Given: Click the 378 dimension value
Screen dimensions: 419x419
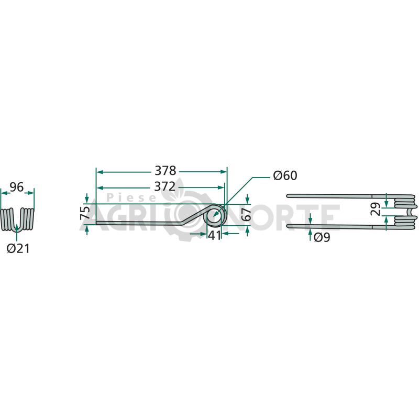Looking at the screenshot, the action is coord(166,171).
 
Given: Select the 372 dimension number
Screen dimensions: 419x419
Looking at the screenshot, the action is coord(165,186).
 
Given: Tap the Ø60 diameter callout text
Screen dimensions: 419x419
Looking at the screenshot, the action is coord(285,175).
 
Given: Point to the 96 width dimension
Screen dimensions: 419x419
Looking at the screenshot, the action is coord(17,188).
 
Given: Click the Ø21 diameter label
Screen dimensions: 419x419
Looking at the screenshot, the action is coord(18,249).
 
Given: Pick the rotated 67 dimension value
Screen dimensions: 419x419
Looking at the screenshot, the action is coord(247,214).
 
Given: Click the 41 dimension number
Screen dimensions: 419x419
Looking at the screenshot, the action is coord(215,235).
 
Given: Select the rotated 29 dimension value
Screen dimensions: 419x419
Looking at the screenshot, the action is coord(376,209).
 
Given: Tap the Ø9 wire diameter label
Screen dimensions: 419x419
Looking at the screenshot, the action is coord(322,237).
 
